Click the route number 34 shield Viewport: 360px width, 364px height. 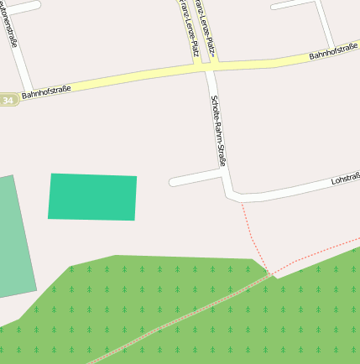click(x=8, y=100)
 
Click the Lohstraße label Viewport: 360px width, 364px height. click(x=345, y=179)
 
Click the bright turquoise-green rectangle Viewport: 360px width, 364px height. click(x=92, y=197)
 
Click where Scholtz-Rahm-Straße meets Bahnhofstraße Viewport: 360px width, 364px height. click(x=209, y=68)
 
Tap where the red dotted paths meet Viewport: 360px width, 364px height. click(x=269, y=273)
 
